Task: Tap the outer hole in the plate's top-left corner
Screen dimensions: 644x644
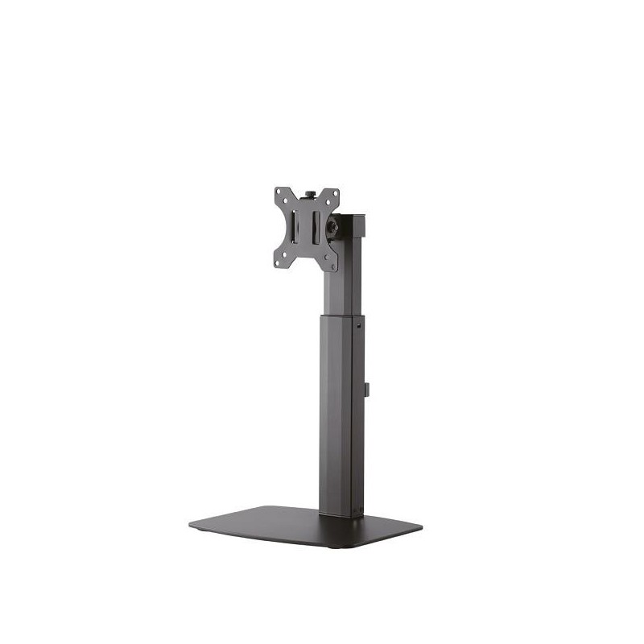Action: (x=279, y=192)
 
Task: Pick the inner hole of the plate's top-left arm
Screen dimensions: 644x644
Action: (x=286, y=201)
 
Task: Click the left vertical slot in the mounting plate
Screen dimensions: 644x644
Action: (x=295, y=228)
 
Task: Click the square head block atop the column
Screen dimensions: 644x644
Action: (x=352, y=228)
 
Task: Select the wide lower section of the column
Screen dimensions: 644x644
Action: (x=338, y=411)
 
